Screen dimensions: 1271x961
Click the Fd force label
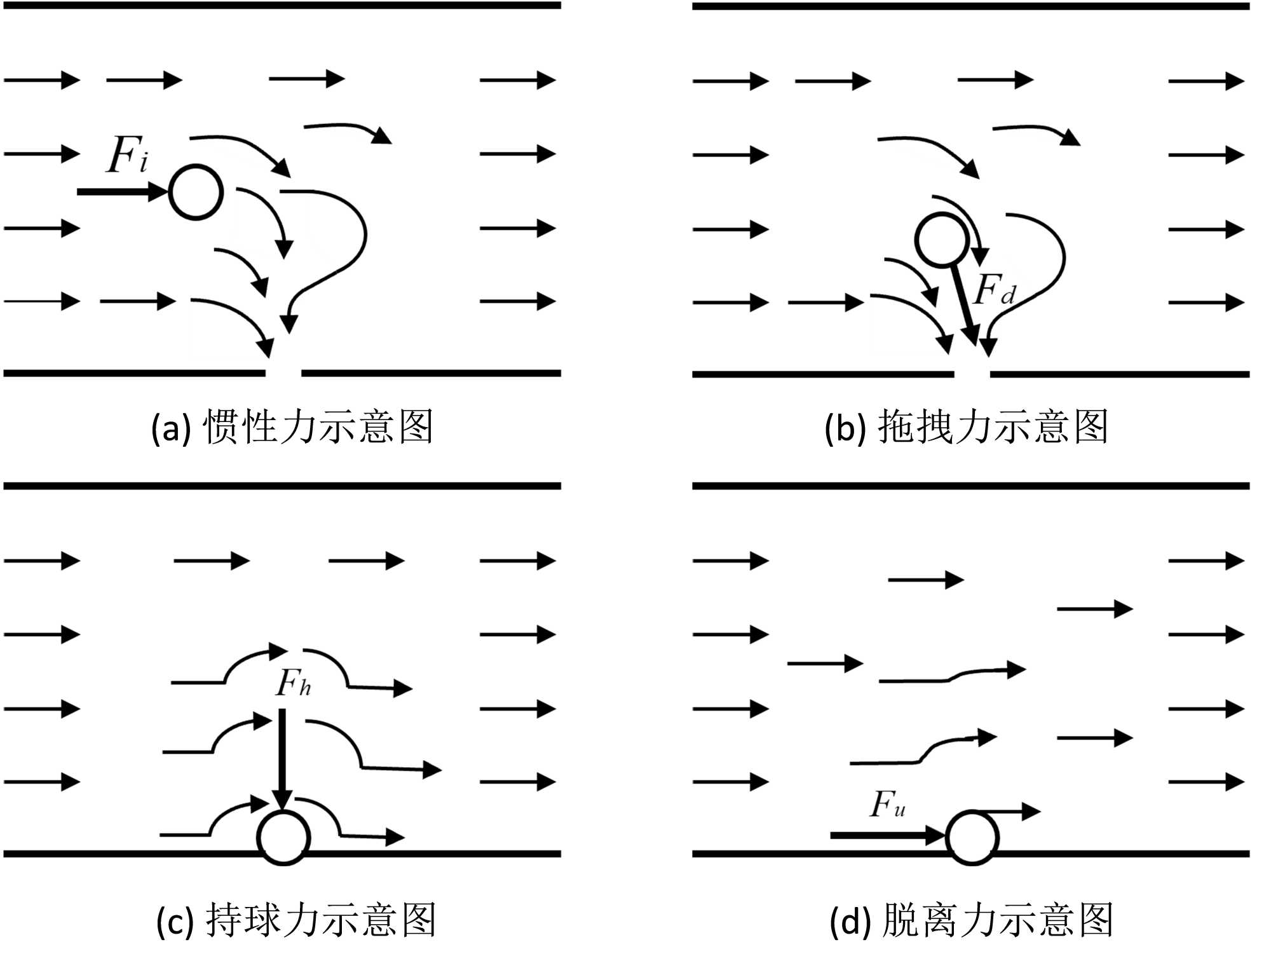(x=995, y=290)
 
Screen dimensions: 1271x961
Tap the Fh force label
(x=293, y=683)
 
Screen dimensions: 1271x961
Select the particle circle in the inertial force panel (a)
(x=196, y=192)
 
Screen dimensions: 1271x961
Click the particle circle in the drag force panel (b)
(x=942, y=240)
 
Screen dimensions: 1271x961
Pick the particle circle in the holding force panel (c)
(x=283, y=838)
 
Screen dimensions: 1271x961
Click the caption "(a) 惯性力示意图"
(x=292, y=426)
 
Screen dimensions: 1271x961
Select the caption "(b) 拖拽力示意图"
(x=966, y=426)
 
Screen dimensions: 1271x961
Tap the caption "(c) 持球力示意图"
(x=296, y=920)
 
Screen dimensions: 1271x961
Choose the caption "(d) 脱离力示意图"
(x=971, y=920)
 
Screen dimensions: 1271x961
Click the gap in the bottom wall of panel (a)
(x=283, y=373)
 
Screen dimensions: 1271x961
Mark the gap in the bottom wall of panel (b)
(x=972, y=374)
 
